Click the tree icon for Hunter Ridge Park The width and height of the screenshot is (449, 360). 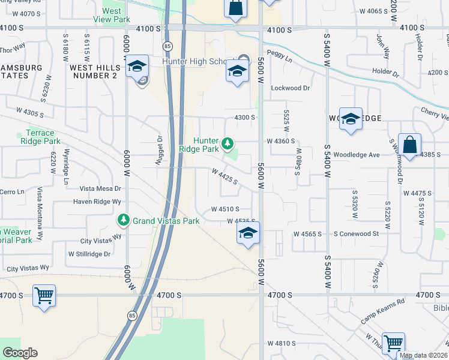click(x=227, y=143)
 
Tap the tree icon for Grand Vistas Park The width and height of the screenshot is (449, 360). click(x=124, y=221)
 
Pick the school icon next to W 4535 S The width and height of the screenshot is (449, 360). click(x=247, y=233)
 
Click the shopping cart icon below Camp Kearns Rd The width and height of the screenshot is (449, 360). click(x=393, y=344)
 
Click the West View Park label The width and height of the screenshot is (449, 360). click(x=112, y=15)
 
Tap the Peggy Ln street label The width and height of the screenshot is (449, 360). click(x=280, y=61)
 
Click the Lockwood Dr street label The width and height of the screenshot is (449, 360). click(x=290, y=88)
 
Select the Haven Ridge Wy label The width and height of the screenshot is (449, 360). click(x=95, y=202)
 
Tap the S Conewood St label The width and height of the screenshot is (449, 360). click(x=357, y=233)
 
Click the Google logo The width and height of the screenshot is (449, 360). click(x=20, y=353)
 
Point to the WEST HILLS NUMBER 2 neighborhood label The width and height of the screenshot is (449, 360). click(x=94, y=71)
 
